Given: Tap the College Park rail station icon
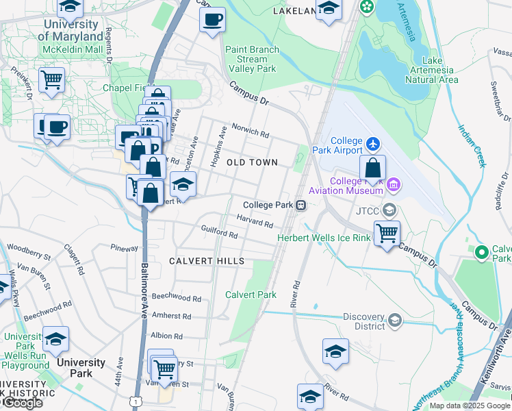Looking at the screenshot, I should pyautogui.click(x=300, y=205).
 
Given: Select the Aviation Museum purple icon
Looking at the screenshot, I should pyautogui.click(x=393, y=184).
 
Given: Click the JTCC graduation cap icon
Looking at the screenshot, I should pyautogui.click(x=390, y=210).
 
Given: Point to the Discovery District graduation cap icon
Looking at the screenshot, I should pyautogui.click(x=394, y=320).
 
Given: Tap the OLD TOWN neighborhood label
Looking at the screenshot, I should pyautogui.click(x=252, y=162).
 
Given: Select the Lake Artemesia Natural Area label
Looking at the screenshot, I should pyautogui.click(x=431, y=69).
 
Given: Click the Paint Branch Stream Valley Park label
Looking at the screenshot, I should pyautogui.click(x=251, y=59).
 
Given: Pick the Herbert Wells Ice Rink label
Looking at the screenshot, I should pyautogui.click(x=323, y=238).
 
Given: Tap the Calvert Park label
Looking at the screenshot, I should pyautogui.click(x=251, y=295).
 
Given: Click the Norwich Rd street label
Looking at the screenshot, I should pyautogui.click(x=250, y=127).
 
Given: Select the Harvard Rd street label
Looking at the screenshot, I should pyautogui.click(x=255, y=221).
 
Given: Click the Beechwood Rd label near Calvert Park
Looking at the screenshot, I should pyautogui.click(x=177, y=299).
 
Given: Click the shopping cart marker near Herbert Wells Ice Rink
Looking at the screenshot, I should pyautogui.click(x=387, y=233).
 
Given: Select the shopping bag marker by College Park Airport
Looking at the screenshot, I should pyautogui.click(x=372, y=168).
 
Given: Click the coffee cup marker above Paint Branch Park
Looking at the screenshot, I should pyautogui.click(x=212, y=18).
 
